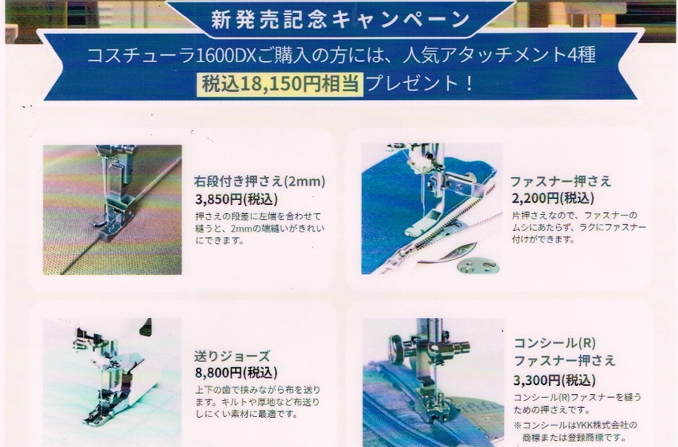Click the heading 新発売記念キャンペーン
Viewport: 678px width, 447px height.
coord(341,19)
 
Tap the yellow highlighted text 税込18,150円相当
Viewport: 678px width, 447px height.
coord(279,84)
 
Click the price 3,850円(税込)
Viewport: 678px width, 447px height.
coord(237,199)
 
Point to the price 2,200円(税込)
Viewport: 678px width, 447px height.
coord(553,198)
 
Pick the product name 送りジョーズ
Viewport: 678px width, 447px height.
coord(232,356)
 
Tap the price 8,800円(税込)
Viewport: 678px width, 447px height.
coord(236,372)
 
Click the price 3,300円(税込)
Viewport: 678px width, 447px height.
coord(554,381)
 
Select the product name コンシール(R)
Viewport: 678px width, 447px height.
coord(554,343)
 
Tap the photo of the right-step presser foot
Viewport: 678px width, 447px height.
coord(112,210)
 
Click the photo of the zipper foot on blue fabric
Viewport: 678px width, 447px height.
coord(432,209)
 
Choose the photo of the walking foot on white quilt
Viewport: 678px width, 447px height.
coord(112,382)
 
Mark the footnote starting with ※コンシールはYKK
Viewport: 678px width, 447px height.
coord(576,431)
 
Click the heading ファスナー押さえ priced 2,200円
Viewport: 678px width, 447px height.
coord(560,181)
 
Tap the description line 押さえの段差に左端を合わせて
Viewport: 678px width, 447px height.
coord(258,216)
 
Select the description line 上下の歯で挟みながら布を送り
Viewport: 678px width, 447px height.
coord(258,390)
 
